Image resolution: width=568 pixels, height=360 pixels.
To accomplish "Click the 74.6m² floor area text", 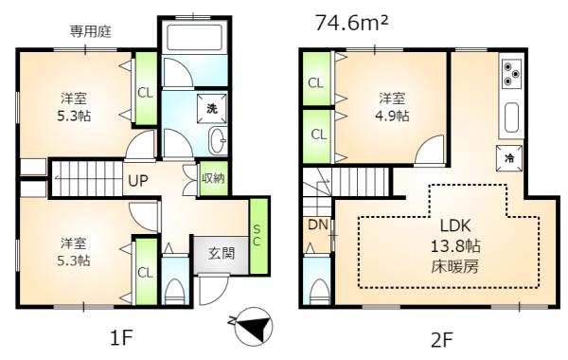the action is tap(352, 23).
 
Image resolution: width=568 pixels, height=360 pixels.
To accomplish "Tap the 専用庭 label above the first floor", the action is tap(90, 31).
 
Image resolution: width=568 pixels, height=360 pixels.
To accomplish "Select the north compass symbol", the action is tap(254, 326).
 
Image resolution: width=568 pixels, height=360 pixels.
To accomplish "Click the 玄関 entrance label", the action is tap(221, 253).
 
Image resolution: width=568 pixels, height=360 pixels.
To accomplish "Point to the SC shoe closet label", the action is tap(257, 235).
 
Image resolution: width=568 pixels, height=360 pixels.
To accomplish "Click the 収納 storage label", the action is tap(213, 178).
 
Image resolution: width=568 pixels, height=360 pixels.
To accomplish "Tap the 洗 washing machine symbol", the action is tap(212, 108).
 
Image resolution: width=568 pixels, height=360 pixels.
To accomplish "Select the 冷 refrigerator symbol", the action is tap(509, 157).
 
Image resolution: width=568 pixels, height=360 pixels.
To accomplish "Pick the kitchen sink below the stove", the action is tap(511, 117).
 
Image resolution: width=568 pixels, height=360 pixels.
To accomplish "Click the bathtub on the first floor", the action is tap(195, 37).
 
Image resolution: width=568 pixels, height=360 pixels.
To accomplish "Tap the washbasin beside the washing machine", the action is tap(218, 140).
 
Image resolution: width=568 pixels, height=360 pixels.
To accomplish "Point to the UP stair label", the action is tap(138, 180).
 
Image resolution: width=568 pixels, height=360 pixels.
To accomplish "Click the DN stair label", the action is tap(318, 225).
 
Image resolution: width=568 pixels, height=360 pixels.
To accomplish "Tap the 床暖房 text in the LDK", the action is tap(454, 267).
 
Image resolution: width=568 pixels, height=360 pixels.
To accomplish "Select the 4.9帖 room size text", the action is tap(392, 116).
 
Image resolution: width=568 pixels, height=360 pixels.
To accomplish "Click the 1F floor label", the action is tap(121, 338).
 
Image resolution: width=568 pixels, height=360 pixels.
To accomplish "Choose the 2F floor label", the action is tap(442, 340).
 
